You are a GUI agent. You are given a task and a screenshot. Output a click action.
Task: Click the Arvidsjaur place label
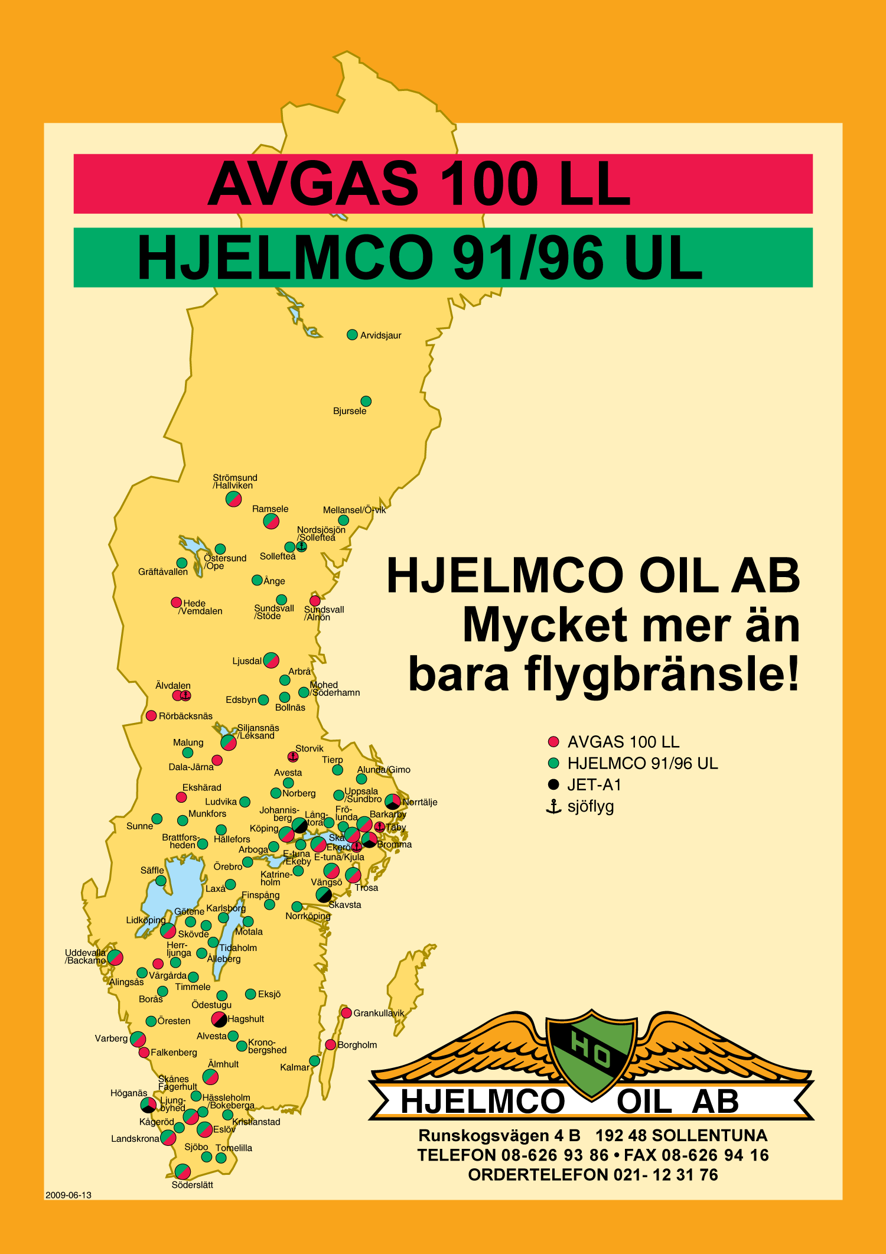click(380, 336)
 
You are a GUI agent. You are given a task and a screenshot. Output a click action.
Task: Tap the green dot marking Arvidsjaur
click(352, 335)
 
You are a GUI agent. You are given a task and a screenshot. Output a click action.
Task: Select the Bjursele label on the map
click(350, 411)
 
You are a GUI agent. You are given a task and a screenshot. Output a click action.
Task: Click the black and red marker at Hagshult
click(219, 1019)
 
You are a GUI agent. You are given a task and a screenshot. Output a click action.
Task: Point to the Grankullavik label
click(379, 1013)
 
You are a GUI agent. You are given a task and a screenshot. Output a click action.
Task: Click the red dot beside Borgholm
click(331, 1045)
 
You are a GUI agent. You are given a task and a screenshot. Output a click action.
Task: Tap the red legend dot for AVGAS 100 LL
click(553, 742)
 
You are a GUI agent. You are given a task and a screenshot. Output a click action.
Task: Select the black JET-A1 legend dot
click(553, 784)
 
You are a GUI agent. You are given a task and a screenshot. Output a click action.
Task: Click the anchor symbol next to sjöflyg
click(553, 806)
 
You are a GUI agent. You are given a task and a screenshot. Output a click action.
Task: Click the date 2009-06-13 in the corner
click(69, 1195)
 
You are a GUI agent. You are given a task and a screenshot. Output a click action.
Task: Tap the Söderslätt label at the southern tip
click(192, 1184)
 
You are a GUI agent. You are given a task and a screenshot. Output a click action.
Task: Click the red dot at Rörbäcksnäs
click(151, 716)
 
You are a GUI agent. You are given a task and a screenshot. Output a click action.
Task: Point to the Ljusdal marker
click(271, 660)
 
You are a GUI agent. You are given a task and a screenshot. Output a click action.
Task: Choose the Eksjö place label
click(269, 994)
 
